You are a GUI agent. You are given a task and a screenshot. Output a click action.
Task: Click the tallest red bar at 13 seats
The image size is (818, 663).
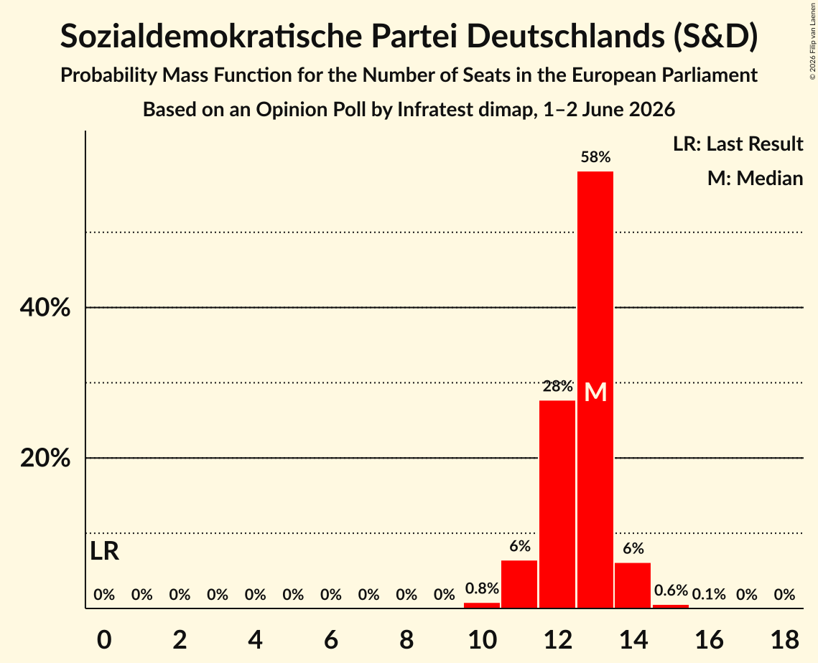point(595,390)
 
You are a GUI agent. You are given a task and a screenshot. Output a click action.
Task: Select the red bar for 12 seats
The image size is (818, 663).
point(557,504)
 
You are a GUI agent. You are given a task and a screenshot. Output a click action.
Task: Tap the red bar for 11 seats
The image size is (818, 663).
point(519,584)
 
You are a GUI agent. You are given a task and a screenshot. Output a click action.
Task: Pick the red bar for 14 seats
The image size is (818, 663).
point(633,586)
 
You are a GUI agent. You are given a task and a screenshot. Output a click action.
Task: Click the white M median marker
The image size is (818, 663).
point(595,392)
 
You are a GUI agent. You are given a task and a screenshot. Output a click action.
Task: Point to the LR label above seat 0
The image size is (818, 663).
point(104,552)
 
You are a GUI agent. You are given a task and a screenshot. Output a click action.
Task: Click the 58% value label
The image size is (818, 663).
point(595,157)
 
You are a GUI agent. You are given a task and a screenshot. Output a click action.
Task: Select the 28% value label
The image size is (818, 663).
point(557,387)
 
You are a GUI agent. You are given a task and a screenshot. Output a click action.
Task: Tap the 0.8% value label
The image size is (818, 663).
point(481,588)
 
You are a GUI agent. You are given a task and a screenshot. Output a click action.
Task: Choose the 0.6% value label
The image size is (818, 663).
point(671,591)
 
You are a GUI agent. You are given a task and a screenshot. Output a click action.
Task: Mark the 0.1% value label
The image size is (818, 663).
point(708,594)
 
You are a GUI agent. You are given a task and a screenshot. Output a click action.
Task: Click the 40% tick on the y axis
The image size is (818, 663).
point(45,308)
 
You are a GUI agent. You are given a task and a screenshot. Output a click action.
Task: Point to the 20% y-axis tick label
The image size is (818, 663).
point(45,459)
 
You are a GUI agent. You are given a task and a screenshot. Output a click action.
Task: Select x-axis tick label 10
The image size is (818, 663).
point(482,639)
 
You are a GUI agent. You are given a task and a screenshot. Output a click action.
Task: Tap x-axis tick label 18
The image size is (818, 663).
point(784,639)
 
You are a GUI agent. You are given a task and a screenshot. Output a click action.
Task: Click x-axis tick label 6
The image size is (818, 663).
point(331,639)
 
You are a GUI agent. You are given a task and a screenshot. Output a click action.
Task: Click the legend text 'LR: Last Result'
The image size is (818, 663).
point(738,144)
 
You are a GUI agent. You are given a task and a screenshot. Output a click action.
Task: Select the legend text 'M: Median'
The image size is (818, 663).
point(755,179)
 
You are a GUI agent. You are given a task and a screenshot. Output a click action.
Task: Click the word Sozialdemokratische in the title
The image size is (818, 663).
point(210,37)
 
